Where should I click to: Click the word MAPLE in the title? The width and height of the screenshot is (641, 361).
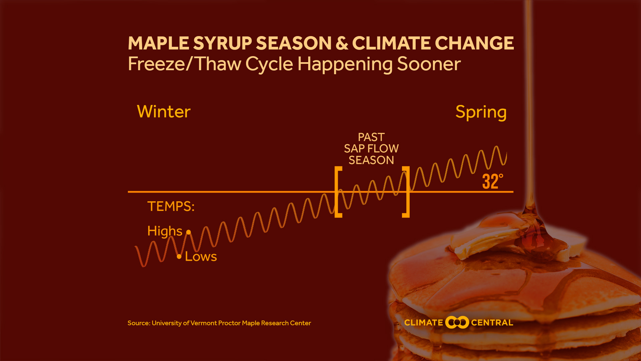pyautogui.click(x=158, y=43)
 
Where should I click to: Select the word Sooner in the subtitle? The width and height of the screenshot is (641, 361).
pyautogui.click(x=429, y=64)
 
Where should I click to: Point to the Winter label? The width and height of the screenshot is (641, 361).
pyautogui.click(x=164, y=112)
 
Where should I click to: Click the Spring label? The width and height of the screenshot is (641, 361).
pyautogui.click(x=481, y=112)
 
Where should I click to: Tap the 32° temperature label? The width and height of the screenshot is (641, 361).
pyautogui.click(x=492, y=182)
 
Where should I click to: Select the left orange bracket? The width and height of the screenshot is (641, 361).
pyautogui.click(x=338, y=192)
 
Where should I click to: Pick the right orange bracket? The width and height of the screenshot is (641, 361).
pyautogui.click(x=407, y=192)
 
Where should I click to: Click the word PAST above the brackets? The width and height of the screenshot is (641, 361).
pyautogui.click(x=371, y=137)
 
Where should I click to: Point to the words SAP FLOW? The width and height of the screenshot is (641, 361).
pyautogui.click(x=371, y=148)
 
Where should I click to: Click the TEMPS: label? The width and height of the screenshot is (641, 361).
pyautogui.click(x=171, y=207)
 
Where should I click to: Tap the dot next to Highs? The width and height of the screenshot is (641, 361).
pyautogui.click(x=189, y=232)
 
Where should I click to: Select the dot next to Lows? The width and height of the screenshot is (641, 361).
pyautogui.click(x=179, y=256)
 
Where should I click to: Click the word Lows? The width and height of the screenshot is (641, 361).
pyautogui.click(x=201, y=257)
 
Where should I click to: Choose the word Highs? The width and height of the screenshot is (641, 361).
pyautogui.click(x=165, y=231)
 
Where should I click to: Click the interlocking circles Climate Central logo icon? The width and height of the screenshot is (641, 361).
pyautogui.click(x=457, y=323)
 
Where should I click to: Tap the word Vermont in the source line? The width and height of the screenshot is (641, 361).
pyautogui.click(x=203, y=323)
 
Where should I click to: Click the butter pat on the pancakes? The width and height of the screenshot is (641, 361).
pyautogui.click(x=484, y=242)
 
